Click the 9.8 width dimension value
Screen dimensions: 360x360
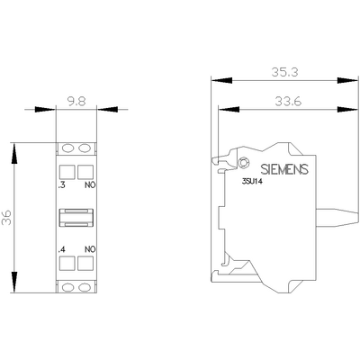click(x=76, y=103)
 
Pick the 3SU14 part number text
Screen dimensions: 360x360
click(x=252, y=184)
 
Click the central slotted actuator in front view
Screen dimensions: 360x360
click(x=76, y=217)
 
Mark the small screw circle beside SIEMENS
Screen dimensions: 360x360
click(x=246, y=163)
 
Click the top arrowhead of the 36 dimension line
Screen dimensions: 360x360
click(x=15, y=144)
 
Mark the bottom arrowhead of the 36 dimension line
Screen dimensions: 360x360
click(x=15, y=293)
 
